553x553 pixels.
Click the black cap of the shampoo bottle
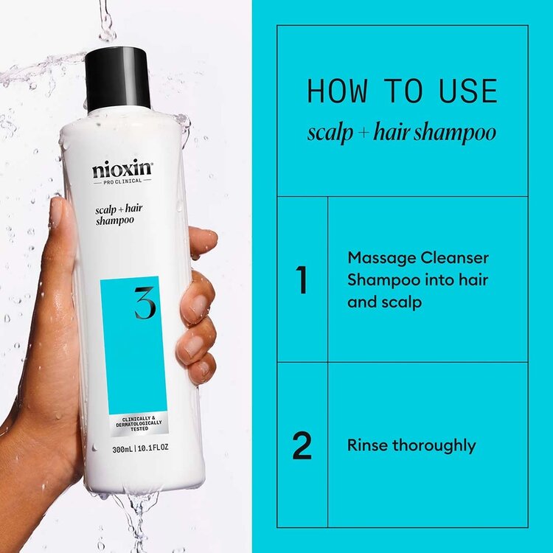click(x=118, y=77)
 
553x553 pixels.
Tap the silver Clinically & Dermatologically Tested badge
click(x=133, y=425)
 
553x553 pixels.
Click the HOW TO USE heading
click(x=402, y=91)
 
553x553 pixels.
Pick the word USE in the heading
click(x=467, y=91)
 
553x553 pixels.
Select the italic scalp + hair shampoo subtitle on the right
click(x=402, y=133)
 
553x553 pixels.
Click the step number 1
click(x=302, y=281)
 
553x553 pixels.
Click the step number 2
click(x=302, y=446)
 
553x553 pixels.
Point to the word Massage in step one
click(x=376, y=259)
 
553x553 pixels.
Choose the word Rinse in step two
click(x=366, y=445)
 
